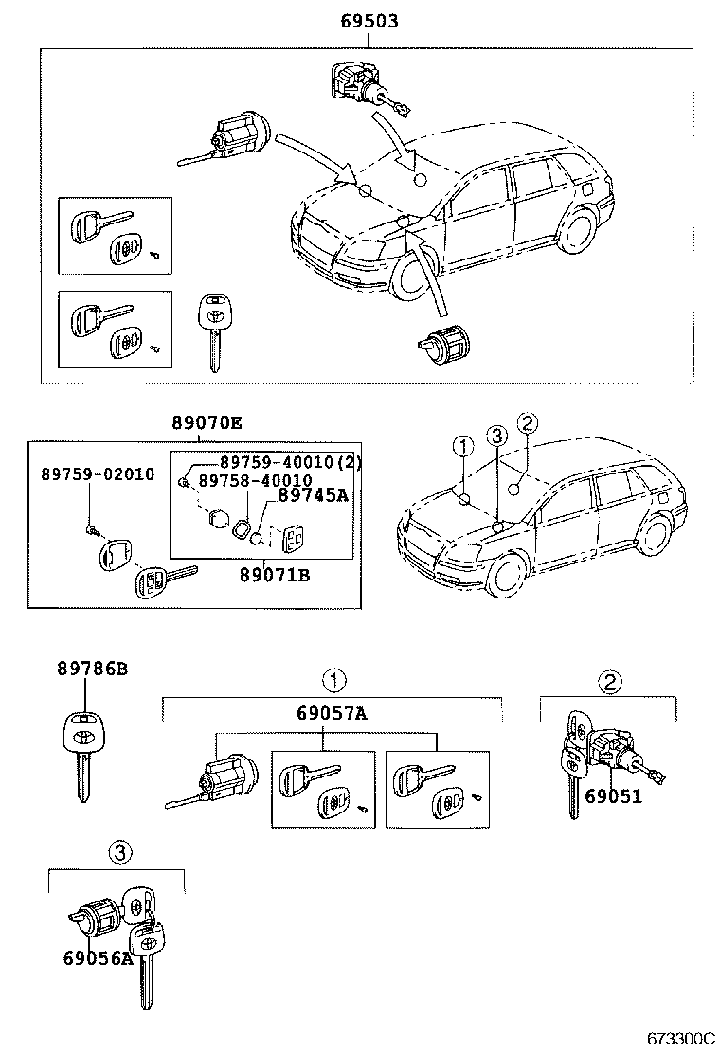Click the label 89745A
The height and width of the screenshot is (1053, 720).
point(314,495)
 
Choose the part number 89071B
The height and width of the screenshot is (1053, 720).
point(275,575)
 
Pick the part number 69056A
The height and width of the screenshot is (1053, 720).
point(99,957)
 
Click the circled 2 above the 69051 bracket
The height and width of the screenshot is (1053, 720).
point(609,680)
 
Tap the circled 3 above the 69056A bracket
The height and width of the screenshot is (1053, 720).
point(117,853)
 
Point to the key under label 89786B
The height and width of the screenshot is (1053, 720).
point(82,753)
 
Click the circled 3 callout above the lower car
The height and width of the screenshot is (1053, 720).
point(495,436)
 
